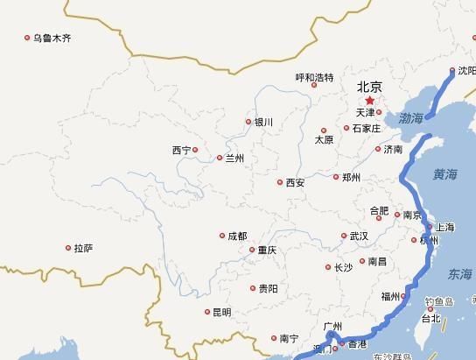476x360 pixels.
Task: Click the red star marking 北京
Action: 369,101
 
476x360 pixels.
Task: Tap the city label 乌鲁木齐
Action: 52,39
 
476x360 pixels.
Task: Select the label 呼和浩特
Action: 314,77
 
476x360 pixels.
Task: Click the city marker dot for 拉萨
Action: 68,248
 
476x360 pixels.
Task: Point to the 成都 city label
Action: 237,236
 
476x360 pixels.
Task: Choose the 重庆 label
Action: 267,251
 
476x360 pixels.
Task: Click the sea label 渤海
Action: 410,116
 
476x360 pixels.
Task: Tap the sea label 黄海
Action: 444,175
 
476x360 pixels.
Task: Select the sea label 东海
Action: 459,273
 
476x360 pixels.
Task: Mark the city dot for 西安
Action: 280,182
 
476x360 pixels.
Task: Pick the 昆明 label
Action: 221,313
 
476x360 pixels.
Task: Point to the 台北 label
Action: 430,320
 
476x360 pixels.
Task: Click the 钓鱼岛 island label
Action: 439,302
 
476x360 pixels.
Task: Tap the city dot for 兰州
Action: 220,158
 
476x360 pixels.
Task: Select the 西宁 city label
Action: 181,151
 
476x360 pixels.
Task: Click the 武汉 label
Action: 359,236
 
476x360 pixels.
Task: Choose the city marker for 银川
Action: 248,122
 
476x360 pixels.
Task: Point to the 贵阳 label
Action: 268,288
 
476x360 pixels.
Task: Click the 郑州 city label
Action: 351,177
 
